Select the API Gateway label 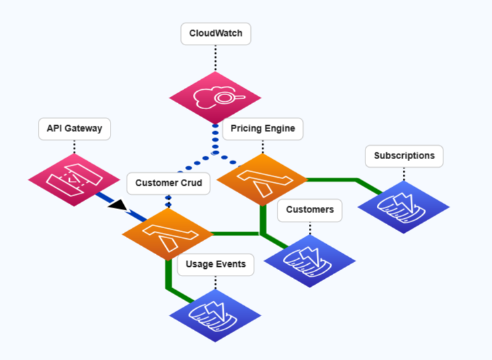point(74,128)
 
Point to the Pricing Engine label point(262,128)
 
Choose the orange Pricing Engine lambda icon point(262,178)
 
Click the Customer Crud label point(168,182)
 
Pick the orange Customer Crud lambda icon point(167,233)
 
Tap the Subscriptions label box point(404,156)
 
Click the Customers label point(310,210)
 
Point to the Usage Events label point(215,264)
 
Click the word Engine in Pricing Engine point(278,128)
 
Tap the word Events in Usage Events point(230,264)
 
